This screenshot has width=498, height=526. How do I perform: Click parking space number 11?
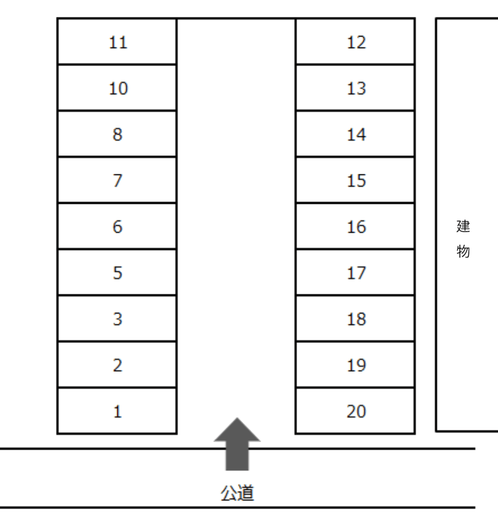(x=117, y=41)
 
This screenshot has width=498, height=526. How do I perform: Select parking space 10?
(x=117, y=88)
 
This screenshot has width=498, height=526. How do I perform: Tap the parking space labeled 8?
(x=117, y=134)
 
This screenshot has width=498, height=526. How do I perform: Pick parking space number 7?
(x=117, y=180)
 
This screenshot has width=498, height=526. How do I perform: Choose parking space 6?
(x=117, y=226)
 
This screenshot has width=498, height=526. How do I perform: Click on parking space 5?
(x=117, y=273)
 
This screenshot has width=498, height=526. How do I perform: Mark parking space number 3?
(x=117, y=318)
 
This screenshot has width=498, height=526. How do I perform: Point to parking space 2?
(x=117, y=365)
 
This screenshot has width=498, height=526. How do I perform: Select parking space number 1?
(x=117, y=411)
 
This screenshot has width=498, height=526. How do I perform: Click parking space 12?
(x=355, y=41)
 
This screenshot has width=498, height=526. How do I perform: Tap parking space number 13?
(x=355, y=88)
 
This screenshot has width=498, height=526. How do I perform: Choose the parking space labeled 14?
(x=355, y=134)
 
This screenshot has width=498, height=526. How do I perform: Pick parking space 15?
(x=355, y=180)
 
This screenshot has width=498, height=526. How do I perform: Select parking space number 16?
(x=355, y=226)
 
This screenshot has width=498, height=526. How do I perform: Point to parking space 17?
(x=355, y=273)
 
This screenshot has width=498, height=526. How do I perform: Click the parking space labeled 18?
(x=355, y=318)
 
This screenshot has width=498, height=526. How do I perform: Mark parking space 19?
(x=355, y=365)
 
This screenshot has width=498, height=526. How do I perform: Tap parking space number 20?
(x=355, y=411)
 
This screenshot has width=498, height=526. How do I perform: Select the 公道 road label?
(x=237, y=493)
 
